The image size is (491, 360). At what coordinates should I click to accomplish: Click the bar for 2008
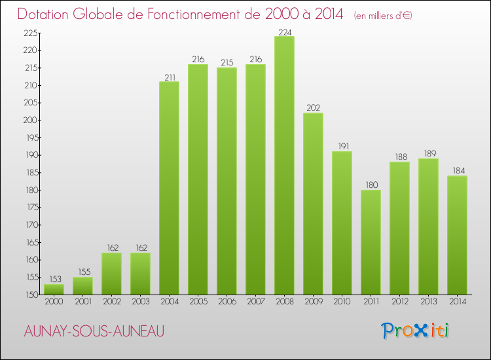[x=284, y=165]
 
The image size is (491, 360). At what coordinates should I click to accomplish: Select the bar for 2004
[x=169, y=188]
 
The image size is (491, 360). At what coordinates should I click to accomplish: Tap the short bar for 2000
[x=54, y=289]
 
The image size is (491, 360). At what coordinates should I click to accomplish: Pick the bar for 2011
[x=371, y=242]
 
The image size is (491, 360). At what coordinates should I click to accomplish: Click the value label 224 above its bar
[x=284, y=31]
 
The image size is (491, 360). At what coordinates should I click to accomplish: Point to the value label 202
[x=313, y=108]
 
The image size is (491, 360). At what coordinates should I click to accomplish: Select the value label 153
[x=54, y=279]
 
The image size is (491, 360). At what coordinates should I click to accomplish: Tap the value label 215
[x=227, y=63]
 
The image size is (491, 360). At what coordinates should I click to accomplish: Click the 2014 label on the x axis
[x=457, y=302]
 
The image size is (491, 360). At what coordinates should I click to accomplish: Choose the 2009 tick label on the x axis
[x=313, y=302]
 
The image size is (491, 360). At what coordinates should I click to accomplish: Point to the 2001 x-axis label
[x=82, y=302]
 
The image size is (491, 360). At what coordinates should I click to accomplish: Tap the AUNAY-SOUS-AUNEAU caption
[x=94, y=331]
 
